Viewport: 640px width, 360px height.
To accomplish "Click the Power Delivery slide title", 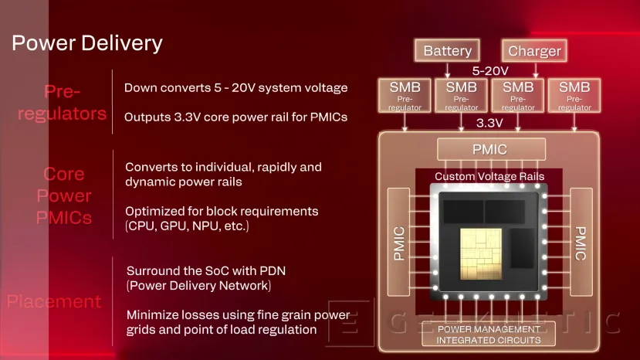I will click(x=87, y=42).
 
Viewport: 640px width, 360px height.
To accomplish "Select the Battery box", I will click(x=447, y=51).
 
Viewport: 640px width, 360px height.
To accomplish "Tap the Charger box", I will click(x=534, y=51).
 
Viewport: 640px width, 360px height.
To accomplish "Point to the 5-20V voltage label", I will click(x=490, y=70).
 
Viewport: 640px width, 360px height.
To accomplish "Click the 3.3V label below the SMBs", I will click(x=489, y=123).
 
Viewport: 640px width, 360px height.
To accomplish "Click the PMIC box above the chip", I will click(x=491, y=148).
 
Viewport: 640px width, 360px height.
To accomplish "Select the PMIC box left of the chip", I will click(x=399, y=243).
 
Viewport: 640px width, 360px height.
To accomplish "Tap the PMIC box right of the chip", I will click(x=581, y=243).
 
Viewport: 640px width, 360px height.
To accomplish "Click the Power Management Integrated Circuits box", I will click(x=489, y=335).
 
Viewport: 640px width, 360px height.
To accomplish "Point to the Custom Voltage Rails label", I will click(x=489, y=176).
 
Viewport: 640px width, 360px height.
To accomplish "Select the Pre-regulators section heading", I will click(x=63, y=103).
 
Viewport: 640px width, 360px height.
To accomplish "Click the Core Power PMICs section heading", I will click(x=64, y=195).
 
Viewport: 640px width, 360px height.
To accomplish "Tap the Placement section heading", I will click(x=54, y=301).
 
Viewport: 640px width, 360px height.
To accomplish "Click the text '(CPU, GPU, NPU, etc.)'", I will click(x=188, y=226).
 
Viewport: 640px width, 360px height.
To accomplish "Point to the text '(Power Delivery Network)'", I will click(x=198, y=286).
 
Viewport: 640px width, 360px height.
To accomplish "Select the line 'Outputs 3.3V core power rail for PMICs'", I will click(x=236, y=117).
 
